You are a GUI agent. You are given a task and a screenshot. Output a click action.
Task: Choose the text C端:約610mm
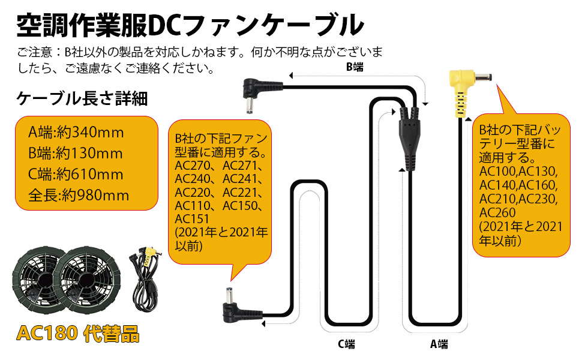76,175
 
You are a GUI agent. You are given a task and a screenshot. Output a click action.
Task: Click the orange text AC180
49,334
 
